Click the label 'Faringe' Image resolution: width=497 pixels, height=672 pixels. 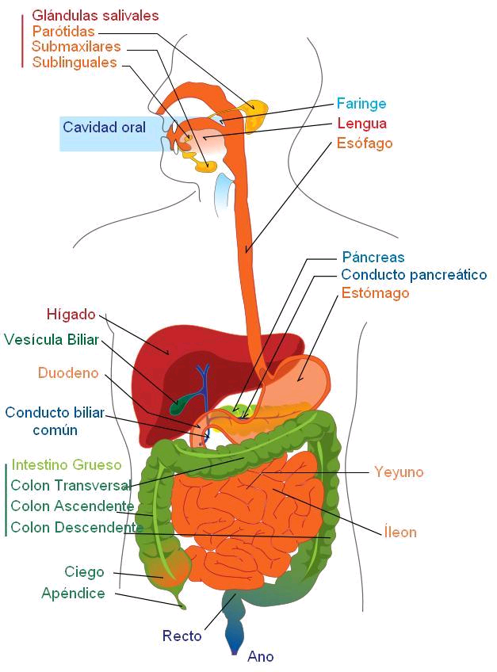click(x=361, y=104)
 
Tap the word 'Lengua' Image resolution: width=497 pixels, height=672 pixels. click(x=361, y=124)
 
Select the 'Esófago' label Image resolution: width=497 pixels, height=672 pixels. click(x=365, y=143)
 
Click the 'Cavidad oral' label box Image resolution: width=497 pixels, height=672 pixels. click(x=104, y=128)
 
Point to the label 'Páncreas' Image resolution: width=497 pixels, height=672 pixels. click(x=373, y=258)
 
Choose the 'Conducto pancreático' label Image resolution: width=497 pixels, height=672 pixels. click(x=414, y=275)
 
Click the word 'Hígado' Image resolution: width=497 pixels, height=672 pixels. click(x=71, y=315)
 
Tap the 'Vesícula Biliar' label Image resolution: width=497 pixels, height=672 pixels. click(x=52, y=340)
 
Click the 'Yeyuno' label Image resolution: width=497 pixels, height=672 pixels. click(x=399, y=472)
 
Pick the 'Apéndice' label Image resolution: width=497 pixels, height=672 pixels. click(x=73, y=594)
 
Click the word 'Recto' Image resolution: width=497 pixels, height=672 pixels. click(x=182, y=636)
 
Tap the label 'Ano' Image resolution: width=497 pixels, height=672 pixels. click(x=260, y=656)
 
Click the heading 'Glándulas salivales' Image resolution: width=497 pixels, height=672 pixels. click(x=95, y=16)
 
